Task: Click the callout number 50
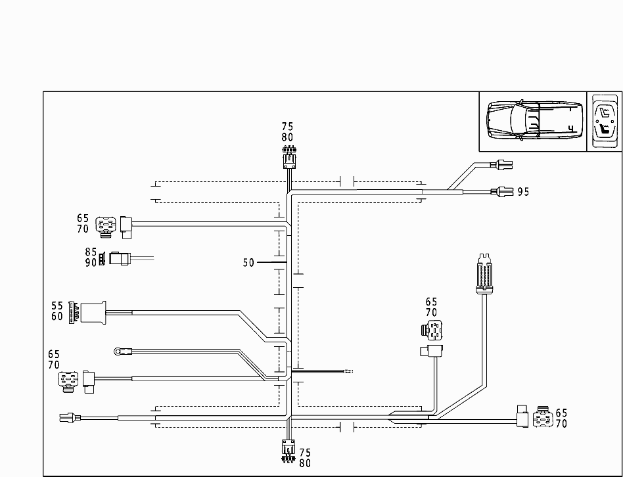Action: click(x=248, y=263)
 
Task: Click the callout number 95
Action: click(x=523, y=192)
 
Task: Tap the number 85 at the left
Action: click(x=91, y=252)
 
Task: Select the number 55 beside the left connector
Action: click(x=57, y=306)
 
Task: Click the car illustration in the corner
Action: click(x=532, y=121)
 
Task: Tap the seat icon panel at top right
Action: click(x=605, y=121)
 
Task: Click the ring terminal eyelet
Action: click(x=119, y=352)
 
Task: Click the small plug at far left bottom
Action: click(x=68, y=417)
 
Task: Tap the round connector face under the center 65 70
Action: click(x=431, y=330)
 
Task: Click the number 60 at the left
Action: click(x=57, y=316)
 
